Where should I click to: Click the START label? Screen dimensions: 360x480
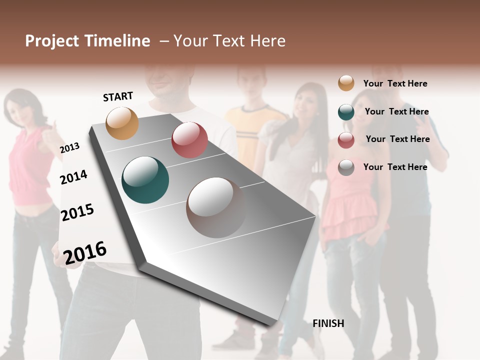point(118,96)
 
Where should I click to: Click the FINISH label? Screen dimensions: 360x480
point(328,323)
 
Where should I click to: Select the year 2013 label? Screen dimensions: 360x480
point(69,148)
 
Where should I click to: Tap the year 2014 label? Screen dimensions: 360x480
point(73,177)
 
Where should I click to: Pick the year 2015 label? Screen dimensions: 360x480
point(77,212)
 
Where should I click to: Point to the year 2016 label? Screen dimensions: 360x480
point(85,252)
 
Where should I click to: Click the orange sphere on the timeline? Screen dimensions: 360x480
point(122,123)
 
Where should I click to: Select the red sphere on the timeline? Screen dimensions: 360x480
point(189,140)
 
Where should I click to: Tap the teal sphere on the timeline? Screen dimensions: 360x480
point(145,180)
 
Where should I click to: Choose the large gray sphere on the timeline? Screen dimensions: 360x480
point(216,207)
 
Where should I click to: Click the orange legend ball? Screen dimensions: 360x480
point(346,83)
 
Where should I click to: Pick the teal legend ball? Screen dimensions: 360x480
point(346,112)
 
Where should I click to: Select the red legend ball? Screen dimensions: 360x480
point(346,140)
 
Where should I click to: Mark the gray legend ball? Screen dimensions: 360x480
point(346,167)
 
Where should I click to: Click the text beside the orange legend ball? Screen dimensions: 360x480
point(395,83)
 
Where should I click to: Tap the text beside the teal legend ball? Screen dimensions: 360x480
point(396,111)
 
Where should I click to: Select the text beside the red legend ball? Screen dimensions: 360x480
point(397,139)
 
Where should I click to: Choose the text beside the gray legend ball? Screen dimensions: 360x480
point(395,167)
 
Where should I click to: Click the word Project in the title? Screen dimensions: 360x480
point(51,41)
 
